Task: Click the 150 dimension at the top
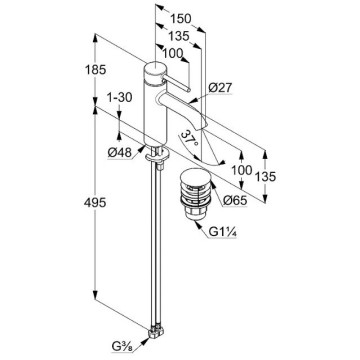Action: [181, 18]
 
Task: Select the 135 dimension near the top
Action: [178, 35]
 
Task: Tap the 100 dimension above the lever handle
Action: [173, 53]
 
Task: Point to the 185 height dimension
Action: [95, 70]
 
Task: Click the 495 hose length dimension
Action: [95, 202]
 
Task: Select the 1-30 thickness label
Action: [119, 97]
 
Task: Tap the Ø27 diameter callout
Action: [220, 88]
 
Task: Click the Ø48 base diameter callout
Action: [119, 153]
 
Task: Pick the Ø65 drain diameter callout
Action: [235, 200]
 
